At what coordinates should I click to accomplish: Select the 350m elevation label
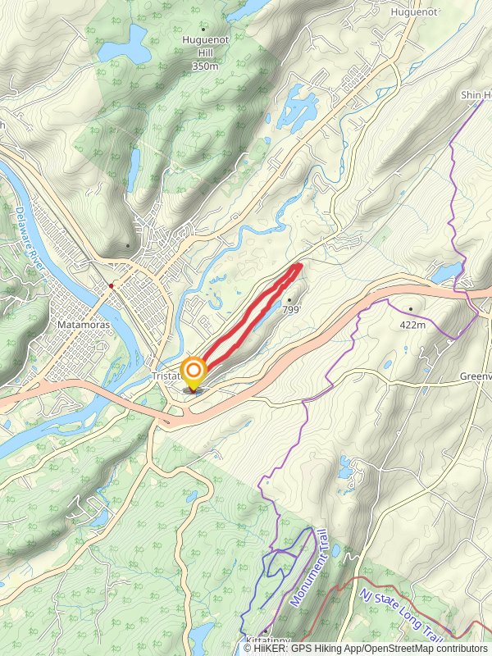pyautogui.click(x=204, y=66)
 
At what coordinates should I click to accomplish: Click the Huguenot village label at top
pyautogui.click(x=415, y=13)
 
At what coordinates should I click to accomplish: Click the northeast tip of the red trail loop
pyautogui.click(x=299, y=265)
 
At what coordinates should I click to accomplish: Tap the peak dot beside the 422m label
pyautogui.click(x=412, y=309)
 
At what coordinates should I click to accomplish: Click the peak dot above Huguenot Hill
pyautogui.click(x=204, y=30)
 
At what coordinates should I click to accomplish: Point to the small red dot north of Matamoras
pyautogui.click(x=111, y=285)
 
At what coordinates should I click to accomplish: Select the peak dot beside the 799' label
pyautogui.click(x=289, y=300)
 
